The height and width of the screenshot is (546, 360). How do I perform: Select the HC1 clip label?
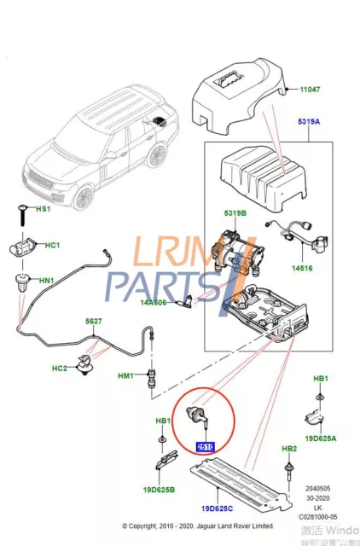point(51,246)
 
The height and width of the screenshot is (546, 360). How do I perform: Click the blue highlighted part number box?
point(206,445)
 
